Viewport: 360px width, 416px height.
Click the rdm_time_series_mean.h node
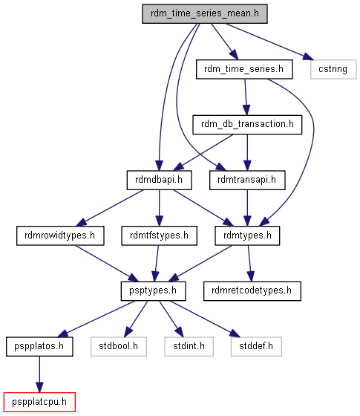[x=205, y=13]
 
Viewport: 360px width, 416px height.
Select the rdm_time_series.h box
[x=244, y=69]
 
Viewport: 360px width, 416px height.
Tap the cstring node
[x=333, y=69]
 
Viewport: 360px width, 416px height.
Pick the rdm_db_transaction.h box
[x=247, y=125]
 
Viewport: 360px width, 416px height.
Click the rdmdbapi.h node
[x=159, y=180]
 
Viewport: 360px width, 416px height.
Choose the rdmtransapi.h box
[x=247, y=180]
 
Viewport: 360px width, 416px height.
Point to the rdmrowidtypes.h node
[x=60, y=235]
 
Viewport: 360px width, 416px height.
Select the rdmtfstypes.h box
[x=159, y=235]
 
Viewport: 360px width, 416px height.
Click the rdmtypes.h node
[x=247, y=235]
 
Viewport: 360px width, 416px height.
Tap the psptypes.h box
[x=153, y=291]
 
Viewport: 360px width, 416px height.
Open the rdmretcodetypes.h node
[x=252, y=291]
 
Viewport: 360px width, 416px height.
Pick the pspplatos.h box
[x=39, y=346]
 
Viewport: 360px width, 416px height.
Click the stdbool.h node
[x=119, y=346]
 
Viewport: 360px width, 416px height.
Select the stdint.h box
[x=189, y=346]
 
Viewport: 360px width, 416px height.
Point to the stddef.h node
[x=256, y=346]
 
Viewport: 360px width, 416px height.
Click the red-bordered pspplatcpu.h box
[x=39, y=402]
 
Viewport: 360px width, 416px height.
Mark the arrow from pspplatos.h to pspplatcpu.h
[x=39, y=374]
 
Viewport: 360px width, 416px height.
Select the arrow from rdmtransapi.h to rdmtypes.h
[x=247, y=208]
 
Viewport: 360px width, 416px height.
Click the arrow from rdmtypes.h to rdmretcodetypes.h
[x=249, y=264]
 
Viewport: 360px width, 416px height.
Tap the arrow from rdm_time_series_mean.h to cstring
[x=269, y=42]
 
